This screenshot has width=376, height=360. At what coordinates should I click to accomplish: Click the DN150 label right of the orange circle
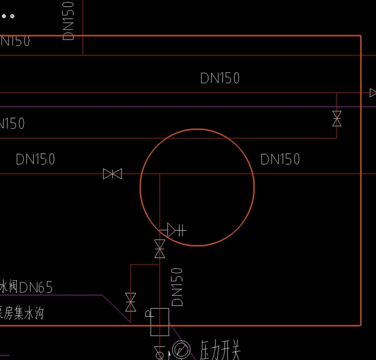(280, 159)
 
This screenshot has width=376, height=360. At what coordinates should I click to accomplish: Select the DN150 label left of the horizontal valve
(35, 159)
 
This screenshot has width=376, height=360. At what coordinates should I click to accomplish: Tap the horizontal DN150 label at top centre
(220, 78)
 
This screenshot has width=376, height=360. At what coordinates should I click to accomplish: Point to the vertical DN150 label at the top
(69, 20)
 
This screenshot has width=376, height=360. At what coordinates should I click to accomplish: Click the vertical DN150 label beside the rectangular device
(177, 287)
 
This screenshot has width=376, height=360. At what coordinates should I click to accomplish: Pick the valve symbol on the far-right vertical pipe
(337, 119)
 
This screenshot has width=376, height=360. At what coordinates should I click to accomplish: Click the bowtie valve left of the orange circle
(112, 174)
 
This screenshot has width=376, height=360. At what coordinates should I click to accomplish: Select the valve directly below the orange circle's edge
(160, 249)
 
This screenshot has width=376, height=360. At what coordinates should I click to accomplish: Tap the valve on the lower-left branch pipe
(130, 302)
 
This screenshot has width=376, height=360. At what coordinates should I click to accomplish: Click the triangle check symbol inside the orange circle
(172, 230)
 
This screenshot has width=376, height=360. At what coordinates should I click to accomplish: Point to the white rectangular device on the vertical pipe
(160, 322)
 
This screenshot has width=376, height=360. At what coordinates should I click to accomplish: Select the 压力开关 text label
(220, 349)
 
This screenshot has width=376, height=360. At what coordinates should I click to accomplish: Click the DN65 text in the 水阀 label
(36, 288)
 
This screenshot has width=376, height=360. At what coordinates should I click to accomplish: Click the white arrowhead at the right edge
(373, 93)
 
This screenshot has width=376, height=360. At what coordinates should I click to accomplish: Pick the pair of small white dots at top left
(8, 16)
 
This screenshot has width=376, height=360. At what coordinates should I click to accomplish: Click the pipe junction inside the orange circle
(160, 174)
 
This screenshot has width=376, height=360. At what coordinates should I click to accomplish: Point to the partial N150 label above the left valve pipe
(12, 124)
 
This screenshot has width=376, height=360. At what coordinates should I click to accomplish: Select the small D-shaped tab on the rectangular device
(148, 314)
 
